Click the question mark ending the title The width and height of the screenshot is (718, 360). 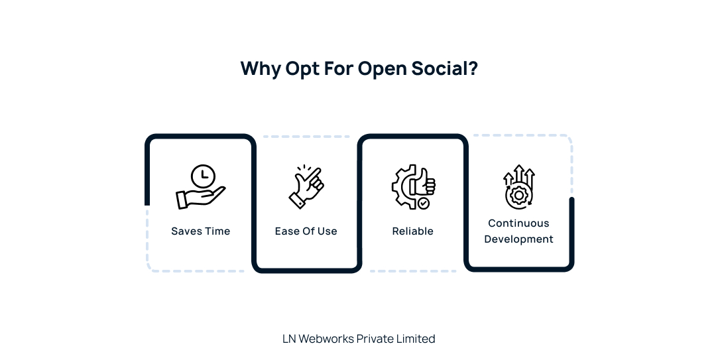(473, 69)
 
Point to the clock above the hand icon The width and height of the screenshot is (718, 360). (203, 176)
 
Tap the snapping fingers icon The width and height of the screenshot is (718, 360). (306, 187)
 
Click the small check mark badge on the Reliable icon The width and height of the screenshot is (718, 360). (423, 204)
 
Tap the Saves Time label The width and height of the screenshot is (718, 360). (200, 231)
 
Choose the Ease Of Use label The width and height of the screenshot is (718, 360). (306, 231)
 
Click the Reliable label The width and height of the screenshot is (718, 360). (412, 231)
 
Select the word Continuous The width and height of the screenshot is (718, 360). (518, 223)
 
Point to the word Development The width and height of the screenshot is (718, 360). (518, 239)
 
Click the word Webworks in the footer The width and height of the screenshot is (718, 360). (326, 339)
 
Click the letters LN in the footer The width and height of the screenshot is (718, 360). (289, 339)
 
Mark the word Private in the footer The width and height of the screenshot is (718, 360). (375, 339)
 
